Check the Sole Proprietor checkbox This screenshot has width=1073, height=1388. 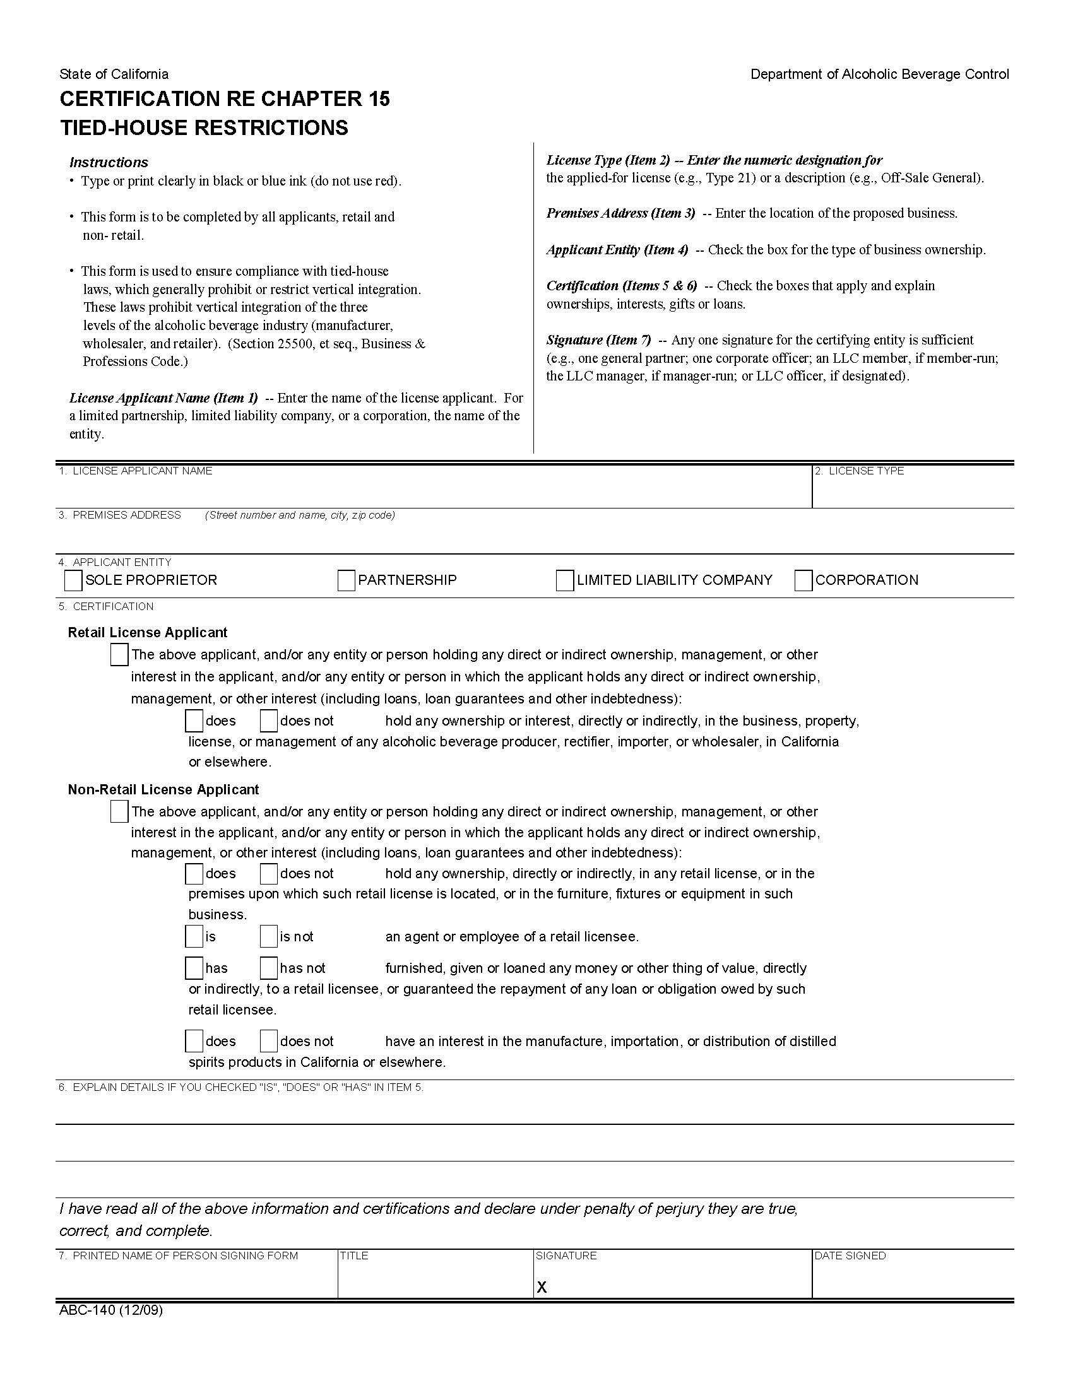pos(74,580)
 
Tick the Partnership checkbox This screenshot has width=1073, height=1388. pos(347,580)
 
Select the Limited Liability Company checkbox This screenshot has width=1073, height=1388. pos(564,580)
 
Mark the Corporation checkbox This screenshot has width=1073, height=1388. pos(803,580)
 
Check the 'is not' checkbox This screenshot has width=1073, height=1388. pos(269,937)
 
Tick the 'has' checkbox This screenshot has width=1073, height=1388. pos(194,968)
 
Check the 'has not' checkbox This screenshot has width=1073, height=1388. pos(269,968)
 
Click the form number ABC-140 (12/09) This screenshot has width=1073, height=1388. pos(111,1310)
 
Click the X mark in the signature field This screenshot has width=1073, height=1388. pos(542,1287)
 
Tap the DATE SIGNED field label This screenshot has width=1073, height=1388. pos(850,1256)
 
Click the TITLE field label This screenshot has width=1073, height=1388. pos(354,1256)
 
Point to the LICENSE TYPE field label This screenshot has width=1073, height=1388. pos(866,471)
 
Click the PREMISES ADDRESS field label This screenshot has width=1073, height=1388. pos(126,515)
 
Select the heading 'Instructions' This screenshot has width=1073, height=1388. pos(109,162)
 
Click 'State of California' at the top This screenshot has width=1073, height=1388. pos(114,74)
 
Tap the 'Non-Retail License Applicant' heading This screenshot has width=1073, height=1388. pos(163,789)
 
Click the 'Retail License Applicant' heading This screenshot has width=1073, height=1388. pos(148,632)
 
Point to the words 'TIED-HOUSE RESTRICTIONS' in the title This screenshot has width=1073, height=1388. pos(204,127)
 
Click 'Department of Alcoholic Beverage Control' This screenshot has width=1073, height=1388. pos(879,74)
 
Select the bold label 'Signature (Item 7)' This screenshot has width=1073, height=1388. pos(599,340)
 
